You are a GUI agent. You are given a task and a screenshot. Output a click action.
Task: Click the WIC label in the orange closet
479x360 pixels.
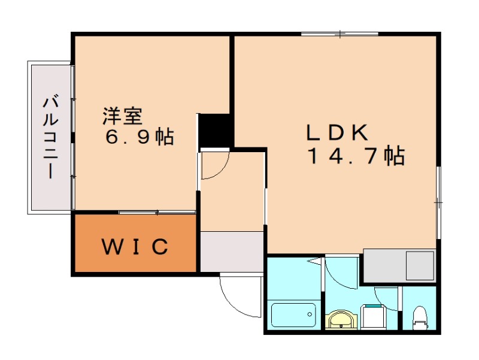click(135, 246)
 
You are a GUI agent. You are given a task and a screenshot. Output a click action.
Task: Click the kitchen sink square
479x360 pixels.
click(420, 266)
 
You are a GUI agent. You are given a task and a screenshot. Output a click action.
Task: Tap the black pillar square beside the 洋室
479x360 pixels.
click(215, 130)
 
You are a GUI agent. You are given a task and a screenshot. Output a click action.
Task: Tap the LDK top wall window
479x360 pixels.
click(339, 34)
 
